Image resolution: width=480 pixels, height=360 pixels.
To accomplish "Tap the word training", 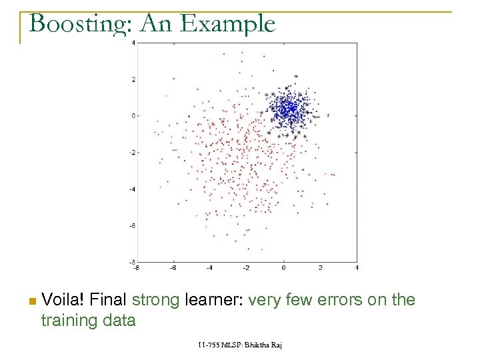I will point(68,321).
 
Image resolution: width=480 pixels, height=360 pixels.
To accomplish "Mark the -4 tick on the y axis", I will point(132,189).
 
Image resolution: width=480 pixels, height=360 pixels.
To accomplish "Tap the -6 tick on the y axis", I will point(132,226).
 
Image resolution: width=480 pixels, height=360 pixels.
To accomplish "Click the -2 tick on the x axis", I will point(247,268).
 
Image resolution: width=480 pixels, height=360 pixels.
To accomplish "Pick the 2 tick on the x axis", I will point(321,268).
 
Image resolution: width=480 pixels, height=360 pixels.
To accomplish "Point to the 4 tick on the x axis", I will point(357,268).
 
